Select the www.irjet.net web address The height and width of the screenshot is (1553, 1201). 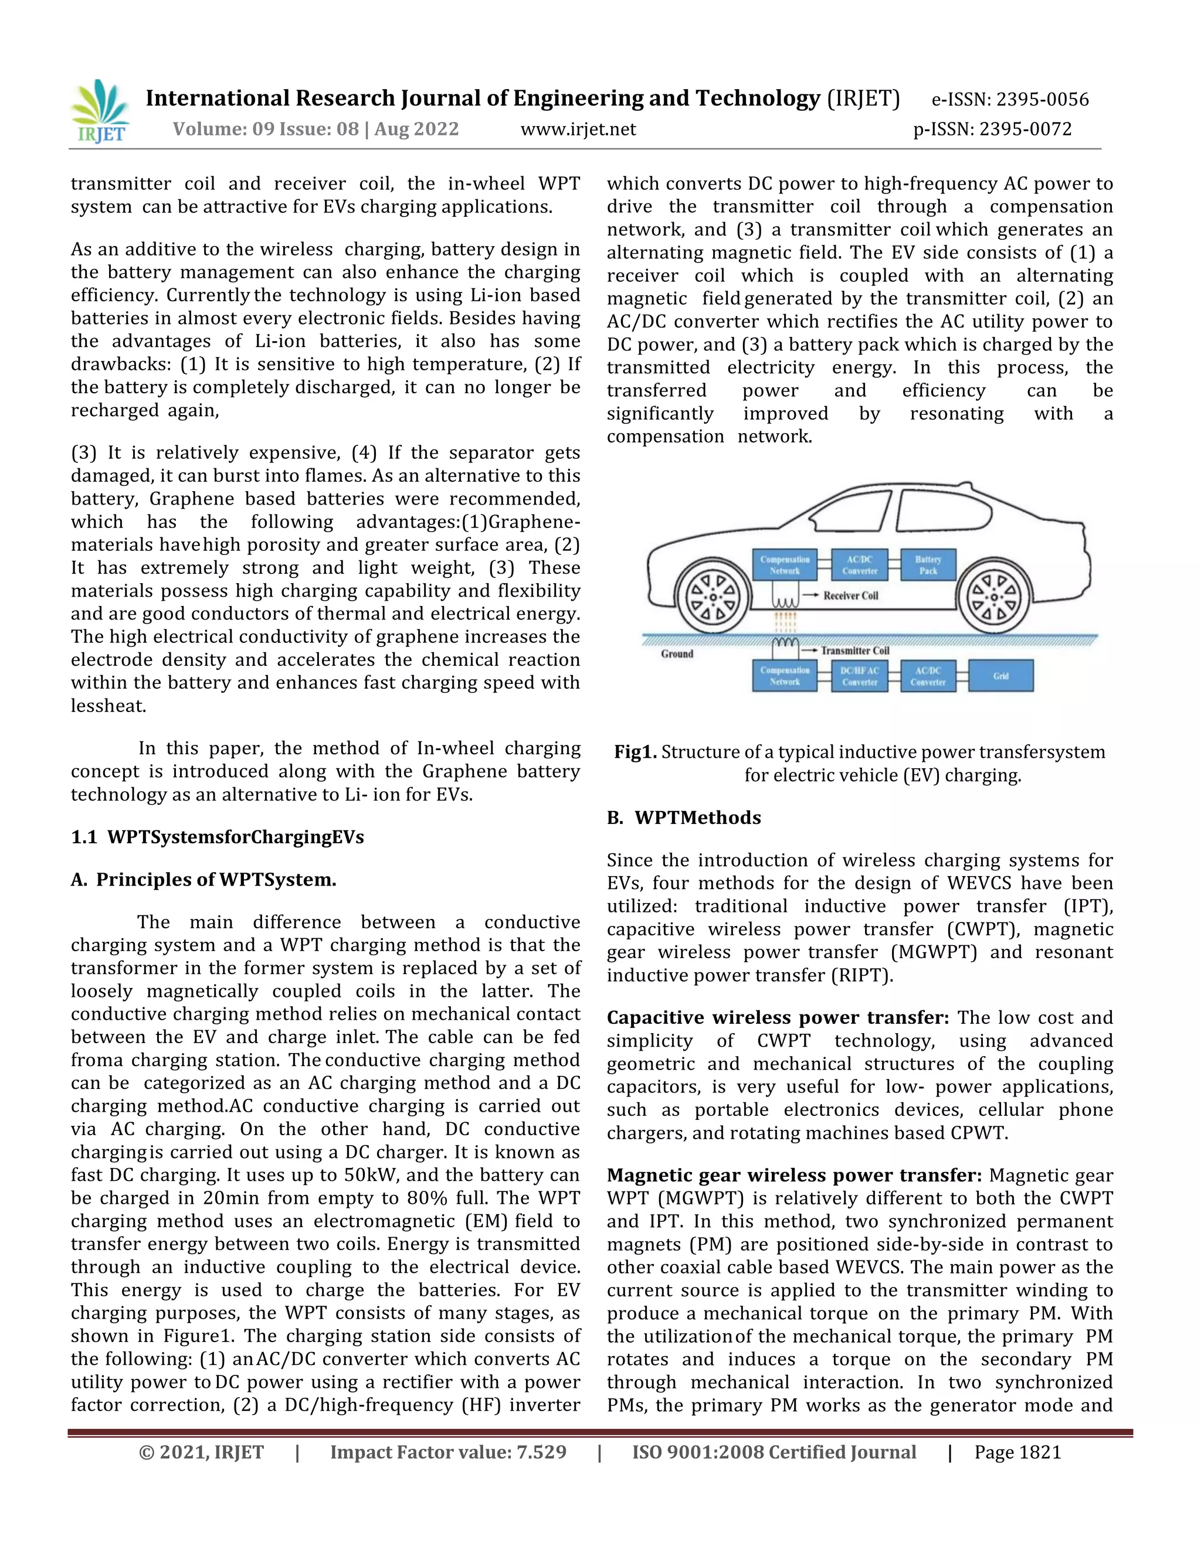click(578, 130)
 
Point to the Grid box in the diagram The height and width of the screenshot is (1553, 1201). click(1000, 676)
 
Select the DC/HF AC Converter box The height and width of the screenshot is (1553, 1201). click(860, 676)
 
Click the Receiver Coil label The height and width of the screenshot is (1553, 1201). click(850, 596)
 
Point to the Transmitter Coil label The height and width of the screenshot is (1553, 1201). click(854, 651)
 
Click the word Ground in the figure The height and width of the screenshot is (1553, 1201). click(677, 653)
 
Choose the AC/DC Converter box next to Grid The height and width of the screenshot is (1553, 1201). click(928, 676)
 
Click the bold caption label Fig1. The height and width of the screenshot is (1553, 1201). click(635, 752)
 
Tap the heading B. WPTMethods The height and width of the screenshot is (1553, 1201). click(684, 818)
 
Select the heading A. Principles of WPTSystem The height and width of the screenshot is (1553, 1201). click(203, 880)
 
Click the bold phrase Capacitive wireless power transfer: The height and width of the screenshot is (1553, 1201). click(778, 1017)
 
